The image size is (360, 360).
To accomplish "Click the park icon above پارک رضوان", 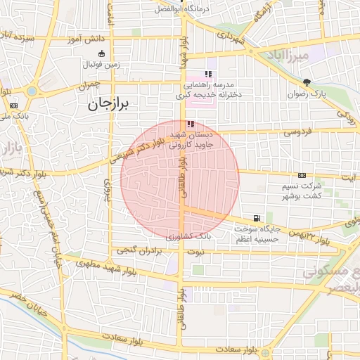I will point(306,82).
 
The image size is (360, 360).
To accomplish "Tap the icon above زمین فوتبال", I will point(102,53).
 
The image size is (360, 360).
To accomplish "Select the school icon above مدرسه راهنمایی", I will point(207,74).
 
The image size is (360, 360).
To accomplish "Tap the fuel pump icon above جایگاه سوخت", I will point(256,218).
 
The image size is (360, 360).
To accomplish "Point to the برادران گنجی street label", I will point(136,250).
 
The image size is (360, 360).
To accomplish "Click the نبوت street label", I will point(199,251).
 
